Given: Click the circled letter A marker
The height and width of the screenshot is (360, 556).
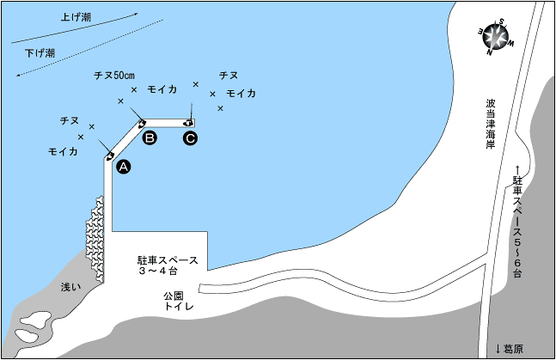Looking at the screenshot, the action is pyautogui.click(x=124, y=167).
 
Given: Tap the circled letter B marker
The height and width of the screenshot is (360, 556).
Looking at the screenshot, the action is pyautogui.click(x=150, y=137).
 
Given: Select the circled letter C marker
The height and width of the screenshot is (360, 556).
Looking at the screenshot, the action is pyautogui.click(x=191, y=138).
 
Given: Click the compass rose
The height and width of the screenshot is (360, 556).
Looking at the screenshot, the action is pyautogui.click(x=496, y=37).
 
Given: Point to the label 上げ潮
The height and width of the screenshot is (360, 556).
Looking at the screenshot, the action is pyautogui.click(x=76, y=17).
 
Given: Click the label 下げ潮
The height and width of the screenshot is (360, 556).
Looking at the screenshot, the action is pyautogui.click(x=40, y=53).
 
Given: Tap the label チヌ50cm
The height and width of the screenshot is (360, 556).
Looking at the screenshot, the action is pyautogui.click(x=114, y=76).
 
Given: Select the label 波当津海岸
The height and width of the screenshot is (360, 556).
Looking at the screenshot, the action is pyautogui.click(x=491, y=124).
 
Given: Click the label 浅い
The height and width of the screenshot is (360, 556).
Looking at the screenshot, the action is pyautogui.click(x=71, y=287).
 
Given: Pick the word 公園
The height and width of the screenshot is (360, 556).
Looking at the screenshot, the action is pyautogui.click(x=174, y=296).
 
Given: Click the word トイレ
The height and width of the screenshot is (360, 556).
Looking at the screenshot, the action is pyautogui.click(x=179, y=306).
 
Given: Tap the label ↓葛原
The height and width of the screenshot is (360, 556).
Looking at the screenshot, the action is pyautogui.click(x=510, y=349).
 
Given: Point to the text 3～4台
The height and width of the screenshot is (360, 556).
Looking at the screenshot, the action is pyautogui.click(x=158, y=272).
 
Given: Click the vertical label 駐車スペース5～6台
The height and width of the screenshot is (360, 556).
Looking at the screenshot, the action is pyautogui.click(x=517, y=222).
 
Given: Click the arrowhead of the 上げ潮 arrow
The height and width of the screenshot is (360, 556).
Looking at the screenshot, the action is pyautogui.click(x=135, y=15).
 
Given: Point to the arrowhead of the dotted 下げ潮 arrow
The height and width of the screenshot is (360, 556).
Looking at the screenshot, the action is pyautogui.click(x=18, y=75).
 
